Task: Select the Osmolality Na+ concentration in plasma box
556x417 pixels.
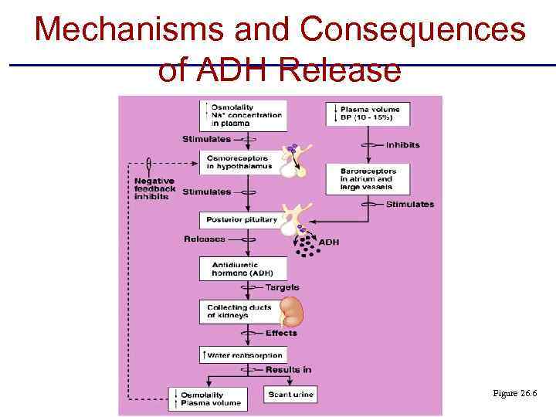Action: tap(242, 115)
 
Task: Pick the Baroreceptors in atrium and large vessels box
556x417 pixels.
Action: tap(367, 179)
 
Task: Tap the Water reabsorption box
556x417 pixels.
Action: tap(242, 355)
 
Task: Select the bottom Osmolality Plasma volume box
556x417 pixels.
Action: tap(208, 398)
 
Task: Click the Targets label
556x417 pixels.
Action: tap(282, 287)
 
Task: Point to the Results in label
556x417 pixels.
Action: tap(288, 370)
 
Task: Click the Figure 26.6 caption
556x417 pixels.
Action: tap(514, 394)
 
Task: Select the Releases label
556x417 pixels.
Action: tap(205, 239)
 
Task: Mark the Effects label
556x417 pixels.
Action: tap(281, 334)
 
